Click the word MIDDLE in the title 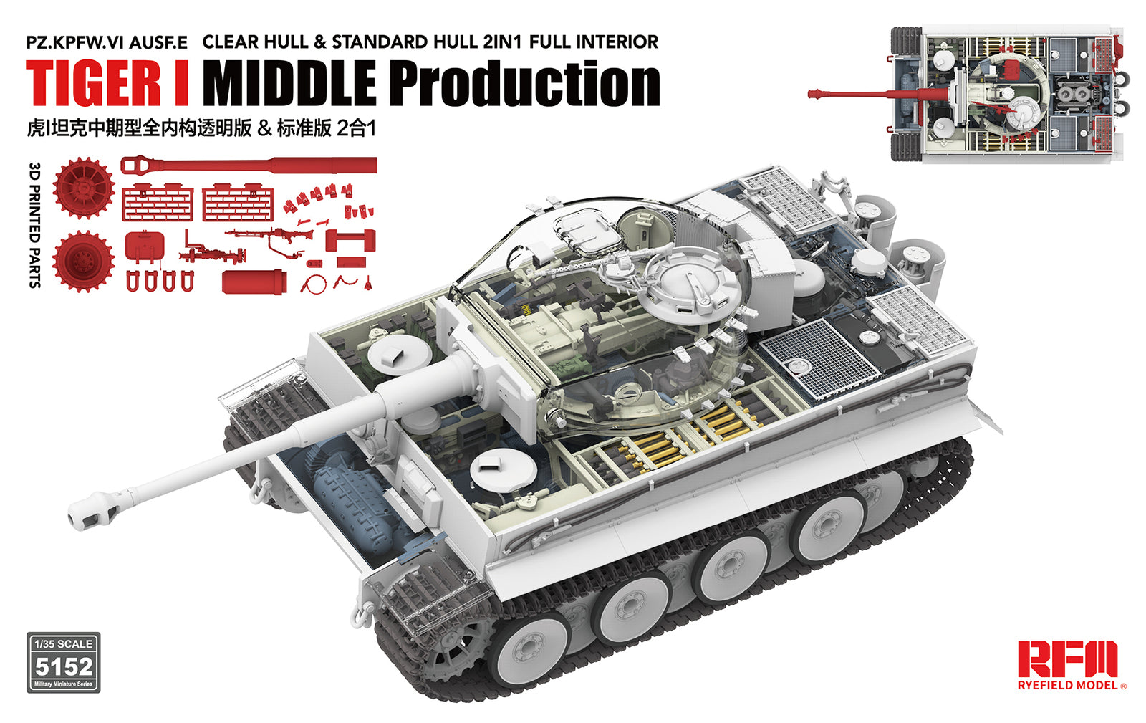(289, 83)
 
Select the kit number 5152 (64, 667)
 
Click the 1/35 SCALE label (64, 643)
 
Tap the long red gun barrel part (251, 166)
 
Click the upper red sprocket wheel (84, 188)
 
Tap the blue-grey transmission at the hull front (351, 487)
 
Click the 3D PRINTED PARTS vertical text (34, 225)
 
